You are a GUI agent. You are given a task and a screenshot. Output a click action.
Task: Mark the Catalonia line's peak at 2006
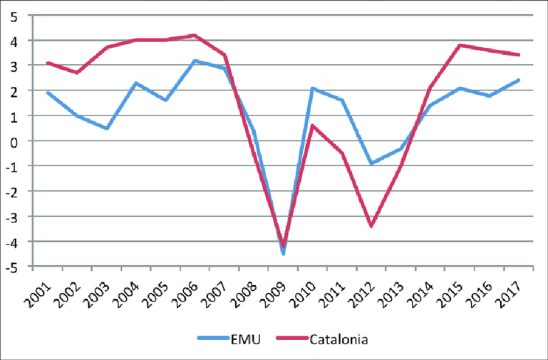(x=195, y=35)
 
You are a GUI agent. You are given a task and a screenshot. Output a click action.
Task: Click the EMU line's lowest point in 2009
(x=283, y=254)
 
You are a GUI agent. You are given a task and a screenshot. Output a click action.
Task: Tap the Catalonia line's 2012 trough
(x=371, y=226)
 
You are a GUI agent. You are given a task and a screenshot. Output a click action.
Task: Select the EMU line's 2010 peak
(x=312, y=88)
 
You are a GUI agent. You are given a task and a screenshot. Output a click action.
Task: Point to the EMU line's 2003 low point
(x=107, y=128)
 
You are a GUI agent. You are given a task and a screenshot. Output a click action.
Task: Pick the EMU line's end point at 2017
(x=518, y=81)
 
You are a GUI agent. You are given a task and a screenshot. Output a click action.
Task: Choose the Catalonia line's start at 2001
(x=48, y=63)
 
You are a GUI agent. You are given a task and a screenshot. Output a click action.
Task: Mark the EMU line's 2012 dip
(x=371, y=163)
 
